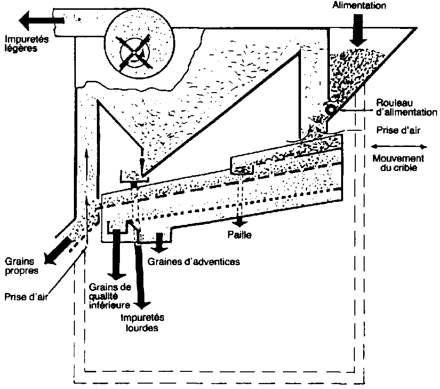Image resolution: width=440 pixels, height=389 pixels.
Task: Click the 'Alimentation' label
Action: (x=359, y=6)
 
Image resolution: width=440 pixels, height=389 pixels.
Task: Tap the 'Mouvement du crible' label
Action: (x=398, y=163)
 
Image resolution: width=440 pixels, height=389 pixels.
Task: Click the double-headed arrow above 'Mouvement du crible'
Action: (x=398, y=146)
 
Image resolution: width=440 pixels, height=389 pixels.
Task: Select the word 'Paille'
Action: (x=239, y=235)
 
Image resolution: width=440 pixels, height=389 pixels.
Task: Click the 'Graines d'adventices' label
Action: (x=194, y=261)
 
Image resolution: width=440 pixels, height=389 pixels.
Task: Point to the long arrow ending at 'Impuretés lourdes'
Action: (x=139, y=274)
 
